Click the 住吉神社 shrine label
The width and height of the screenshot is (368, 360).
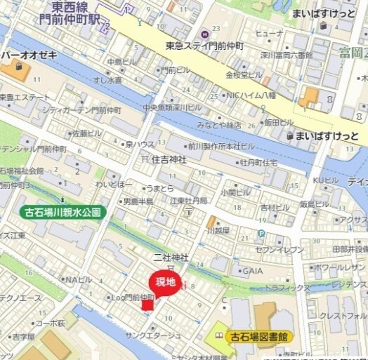169,159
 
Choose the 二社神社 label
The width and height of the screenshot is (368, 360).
171,258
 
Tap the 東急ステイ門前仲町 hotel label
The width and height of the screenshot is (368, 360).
204,45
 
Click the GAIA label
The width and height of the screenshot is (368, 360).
253,270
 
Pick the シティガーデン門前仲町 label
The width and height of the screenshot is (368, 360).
81,109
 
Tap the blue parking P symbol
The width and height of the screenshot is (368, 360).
261,234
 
